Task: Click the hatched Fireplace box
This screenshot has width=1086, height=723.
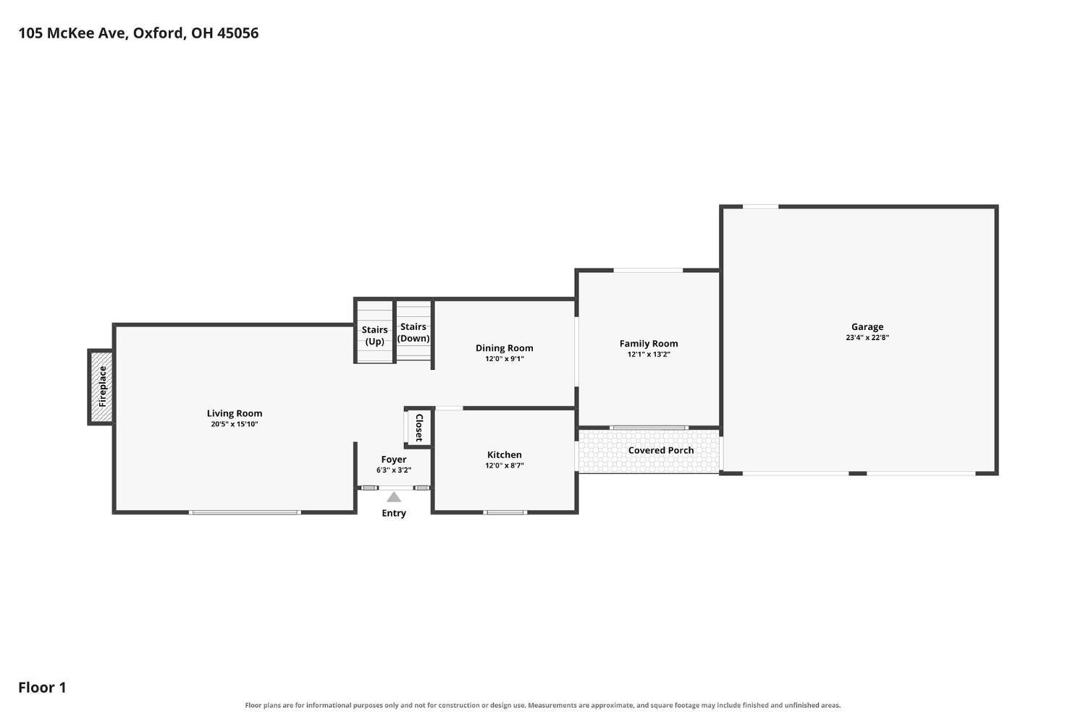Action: click(x=101, y=386)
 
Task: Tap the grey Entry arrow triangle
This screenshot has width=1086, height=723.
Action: click(x=394, y=497)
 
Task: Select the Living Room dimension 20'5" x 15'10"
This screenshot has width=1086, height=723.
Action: click(x=234, y=424)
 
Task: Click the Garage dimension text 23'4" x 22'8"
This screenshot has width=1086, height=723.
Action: click(x=867, y=338)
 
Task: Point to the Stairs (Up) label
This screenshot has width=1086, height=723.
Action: click(x=374, y=336)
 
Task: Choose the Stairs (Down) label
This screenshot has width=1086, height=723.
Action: click(x=413, y=332)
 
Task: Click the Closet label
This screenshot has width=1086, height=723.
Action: click(x=419, y=428)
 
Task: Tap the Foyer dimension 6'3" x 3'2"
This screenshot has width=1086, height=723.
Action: click(x=394, y=470)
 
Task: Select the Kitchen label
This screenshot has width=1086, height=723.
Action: click(x=504, y=454)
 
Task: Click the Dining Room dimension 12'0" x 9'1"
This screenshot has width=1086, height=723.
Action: click(x=504, y=359)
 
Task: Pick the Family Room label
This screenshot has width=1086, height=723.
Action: click(x=649, y=344)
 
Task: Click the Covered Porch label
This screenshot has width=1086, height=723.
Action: click(x=661, y=450)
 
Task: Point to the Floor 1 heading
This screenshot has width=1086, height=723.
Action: click(x=42, y=688)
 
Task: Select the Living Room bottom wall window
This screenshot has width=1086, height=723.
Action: click(x=245, y=512)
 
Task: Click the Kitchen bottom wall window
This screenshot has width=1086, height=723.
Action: click(x=505, y=512)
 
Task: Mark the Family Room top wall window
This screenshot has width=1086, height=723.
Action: click(x=648, y=271)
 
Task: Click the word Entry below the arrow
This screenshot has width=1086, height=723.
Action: click(x=394, y=513)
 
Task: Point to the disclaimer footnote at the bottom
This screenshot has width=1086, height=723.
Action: click(x=542, y=706)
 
